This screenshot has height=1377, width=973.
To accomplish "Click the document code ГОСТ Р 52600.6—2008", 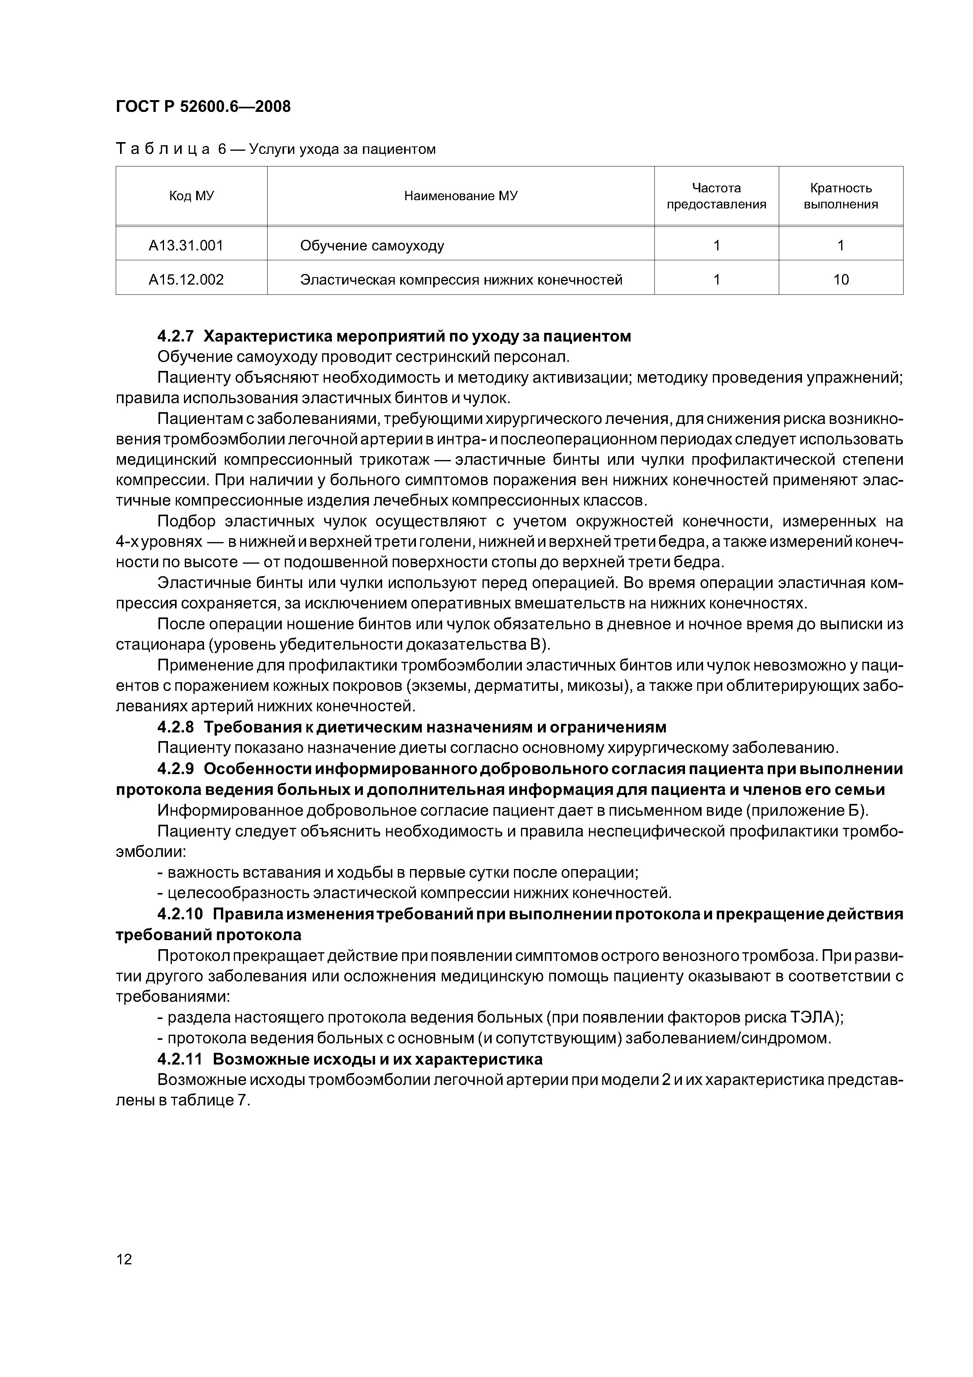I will (202, 107).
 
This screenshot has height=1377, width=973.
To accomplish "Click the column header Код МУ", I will (191, 196).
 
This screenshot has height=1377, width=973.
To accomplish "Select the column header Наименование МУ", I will (461, 196).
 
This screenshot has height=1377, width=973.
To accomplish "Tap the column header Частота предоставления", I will (716, 196).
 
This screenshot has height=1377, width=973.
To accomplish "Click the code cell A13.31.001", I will (186, 245).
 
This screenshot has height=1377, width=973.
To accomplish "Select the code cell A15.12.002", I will (186, 279).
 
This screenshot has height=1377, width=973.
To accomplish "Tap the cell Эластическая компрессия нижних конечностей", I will (461, 279).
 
